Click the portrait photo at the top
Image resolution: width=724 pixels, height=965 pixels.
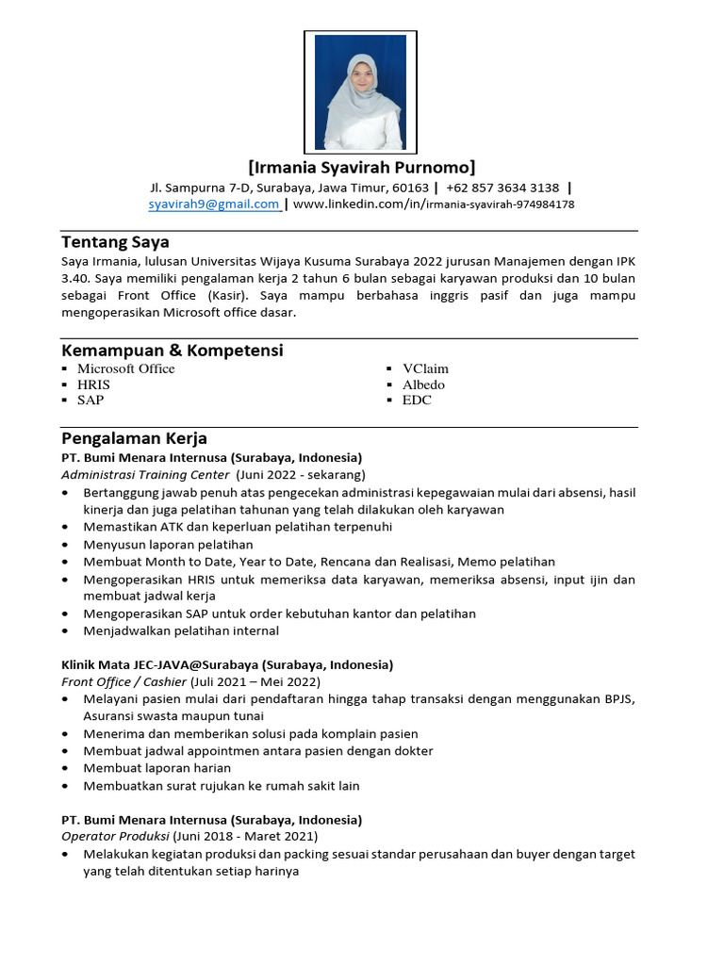[360, 92]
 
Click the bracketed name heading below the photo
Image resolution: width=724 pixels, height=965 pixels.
[362, 168]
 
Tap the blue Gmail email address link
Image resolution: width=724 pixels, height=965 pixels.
[214, 204]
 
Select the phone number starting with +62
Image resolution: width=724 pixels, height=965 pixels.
[502, 188]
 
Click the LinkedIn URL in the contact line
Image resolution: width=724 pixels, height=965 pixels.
[434, 204]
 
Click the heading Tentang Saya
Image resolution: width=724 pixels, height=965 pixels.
[115, 242]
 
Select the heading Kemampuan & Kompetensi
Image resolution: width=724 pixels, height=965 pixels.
[172, 351]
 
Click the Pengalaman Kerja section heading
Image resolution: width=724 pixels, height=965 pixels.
[134, 438]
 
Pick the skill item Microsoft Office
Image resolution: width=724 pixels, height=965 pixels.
[125, 368]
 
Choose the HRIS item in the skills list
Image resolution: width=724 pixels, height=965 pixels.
[93, 384]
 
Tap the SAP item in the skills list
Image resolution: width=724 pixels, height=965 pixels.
[90, 400]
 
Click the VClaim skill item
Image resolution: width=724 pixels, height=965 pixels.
[425, 368]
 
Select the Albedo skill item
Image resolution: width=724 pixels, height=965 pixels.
[423, 384]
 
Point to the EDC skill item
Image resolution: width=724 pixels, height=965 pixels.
[417, 400]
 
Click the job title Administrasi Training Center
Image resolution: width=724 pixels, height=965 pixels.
[145, 474]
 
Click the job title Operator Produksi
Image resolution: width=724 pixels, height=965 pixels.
[115, 836]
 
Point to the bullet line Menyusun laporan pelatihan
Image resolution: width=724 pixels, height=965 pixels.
[168, 545]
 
